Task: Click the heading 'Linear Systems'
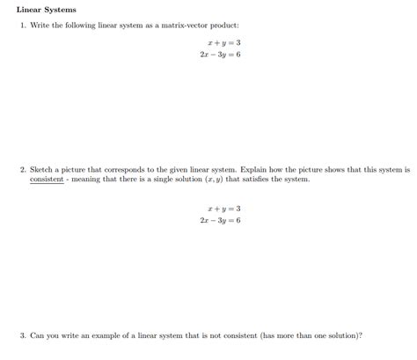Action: (47, 10)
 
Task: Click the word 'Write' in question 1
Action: (40, 26)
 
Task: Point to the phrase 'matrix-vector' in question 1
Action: (191, 26)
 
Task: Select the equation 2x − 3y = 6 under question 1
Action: (220, 54)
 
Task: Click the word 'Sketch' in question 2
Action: (42, 169)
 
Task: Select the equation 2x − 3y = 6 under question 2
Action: (220, 221)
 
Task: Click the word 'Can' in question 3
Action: (37, 335)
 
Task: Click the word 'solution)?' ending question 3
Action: (344, 335)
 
